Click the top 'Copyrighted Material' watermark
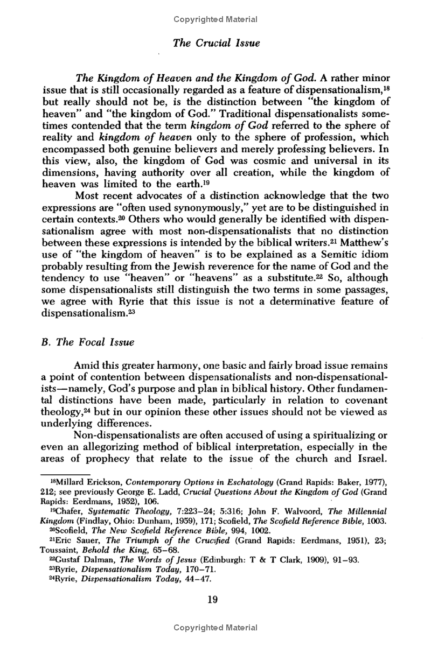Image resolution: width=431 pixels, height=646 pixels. tap(215, 19)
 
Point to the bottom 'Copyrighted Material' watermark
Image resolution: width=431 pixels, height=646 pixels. tap(215, 628)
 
